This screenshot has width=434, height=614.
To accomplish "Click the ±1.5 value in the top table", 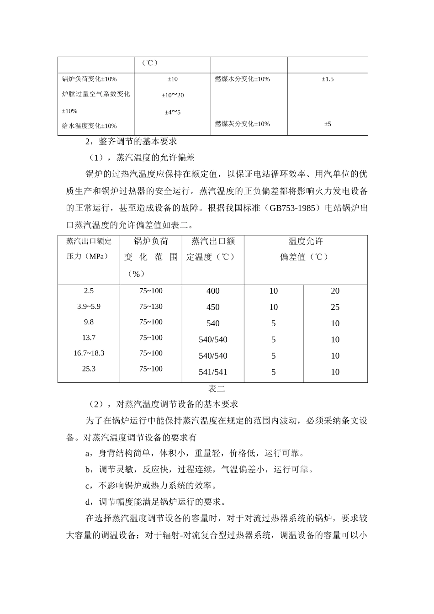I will [x=328, y=79].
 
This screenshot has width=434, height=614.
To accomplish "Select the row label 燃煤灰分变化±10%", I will [x=242, y=124].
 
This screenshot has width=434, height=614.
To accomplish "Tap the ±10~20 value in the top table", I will [x=172, y=95].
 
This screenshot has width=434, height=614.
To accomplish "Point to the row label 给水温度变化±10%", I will [x=89, y=126].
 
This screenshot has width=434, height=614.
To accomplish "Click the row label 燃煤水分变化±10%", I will [x=242, y=79].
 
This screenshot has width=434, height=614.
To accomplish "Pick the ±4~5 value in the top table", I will [x=172, y=112].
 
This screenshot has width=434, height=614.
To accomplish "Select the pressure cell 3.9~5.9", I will [x=89, y=307].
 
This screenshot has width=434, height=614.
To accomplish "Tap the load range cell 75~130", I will [x=151, y=307].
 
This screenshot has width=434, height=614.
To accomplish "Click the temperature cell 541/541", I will [x=213, y=372].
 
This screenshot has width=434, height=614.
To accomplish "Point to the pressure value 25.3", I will [x=89, y=369].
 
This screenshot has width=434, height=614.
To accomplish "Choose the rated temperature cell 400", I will [x=213, y=291].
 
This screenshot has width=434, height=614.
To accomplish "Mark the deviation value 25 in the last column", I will [x=335, y=307].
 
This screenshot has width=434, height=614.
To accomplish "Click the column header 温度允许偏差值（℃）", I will [x=305, y=249].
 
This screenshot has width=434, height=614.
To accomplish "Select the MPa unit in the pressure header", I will [x=96, y=256].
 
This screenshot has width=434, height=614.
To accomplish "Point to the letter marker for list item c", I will [x=88, y=486].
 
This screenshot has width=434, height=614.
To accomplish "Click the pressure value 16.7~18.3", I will [x=89, y=353].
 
